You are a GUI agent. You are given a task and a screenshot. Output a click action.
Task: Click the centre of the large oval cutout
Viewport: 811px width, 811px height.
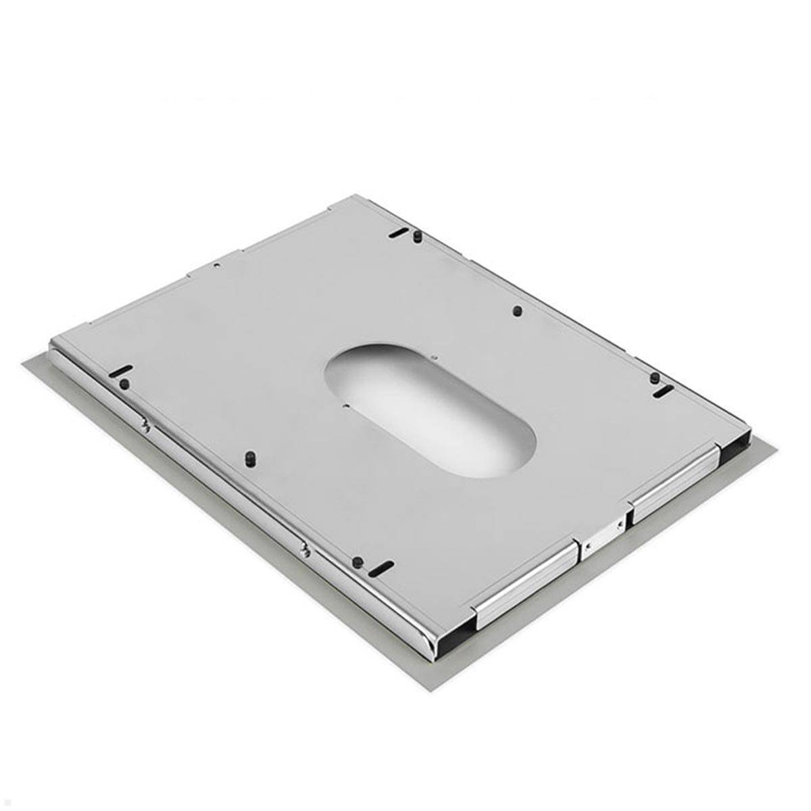tap(431, 410)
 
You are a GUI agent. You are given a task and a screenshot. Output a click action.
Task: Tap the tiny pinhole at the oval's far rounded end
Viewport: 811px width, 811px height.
tap(436, 358)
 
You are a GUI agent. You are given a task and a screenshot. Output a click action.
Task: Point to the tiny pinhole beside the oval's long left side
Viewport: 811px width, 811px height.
tap(345, 406)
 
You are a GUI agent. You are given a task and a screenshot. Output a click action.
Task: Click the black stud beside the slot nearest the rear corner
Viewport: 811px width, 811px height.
tap(418, 237)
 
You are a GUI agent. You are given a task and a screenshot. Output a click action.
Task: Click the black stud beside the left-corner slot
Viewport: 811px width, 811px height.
tap(124, 384)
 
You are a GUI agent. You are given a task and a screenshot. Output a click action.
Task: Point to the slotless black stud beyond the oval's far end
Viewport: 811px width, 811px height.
tap(517, 311)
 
